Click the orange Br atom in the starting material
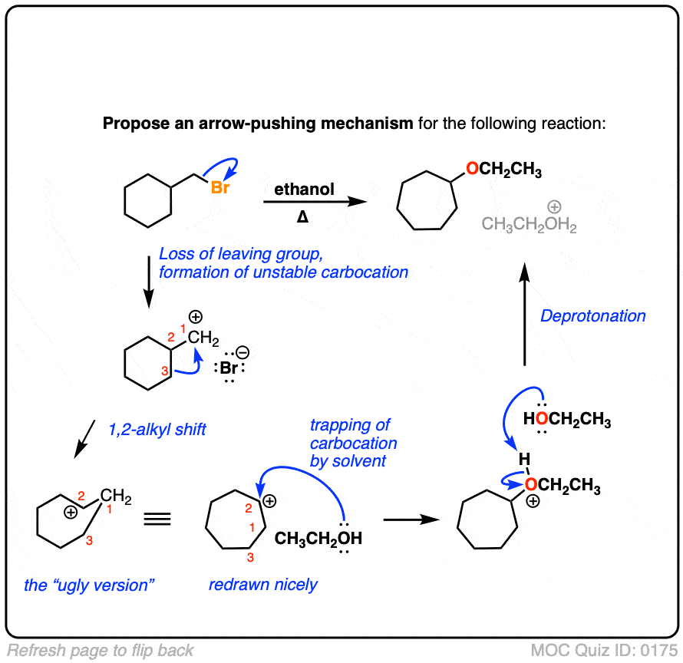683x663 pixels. (220, 186)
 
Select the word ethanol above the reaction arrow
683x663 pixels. (305, 189)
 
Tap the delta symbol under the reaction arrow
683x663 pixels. (303, 217)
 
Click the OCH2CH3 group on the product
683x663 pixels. (503, 170)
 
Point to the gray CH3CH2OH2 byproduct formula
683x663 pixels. (529, 225)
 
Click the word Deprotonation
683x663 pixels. (593, 315)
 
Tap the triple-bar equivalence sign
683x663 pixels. (157, 520)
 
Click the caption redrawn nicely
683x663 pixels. (263, 585)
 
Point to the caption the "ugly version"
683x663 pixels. (90, 585)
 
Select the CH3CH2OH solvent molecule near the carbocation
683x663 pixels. (318, 538)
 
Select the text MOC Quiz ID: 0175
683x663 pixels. (600, 651)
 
